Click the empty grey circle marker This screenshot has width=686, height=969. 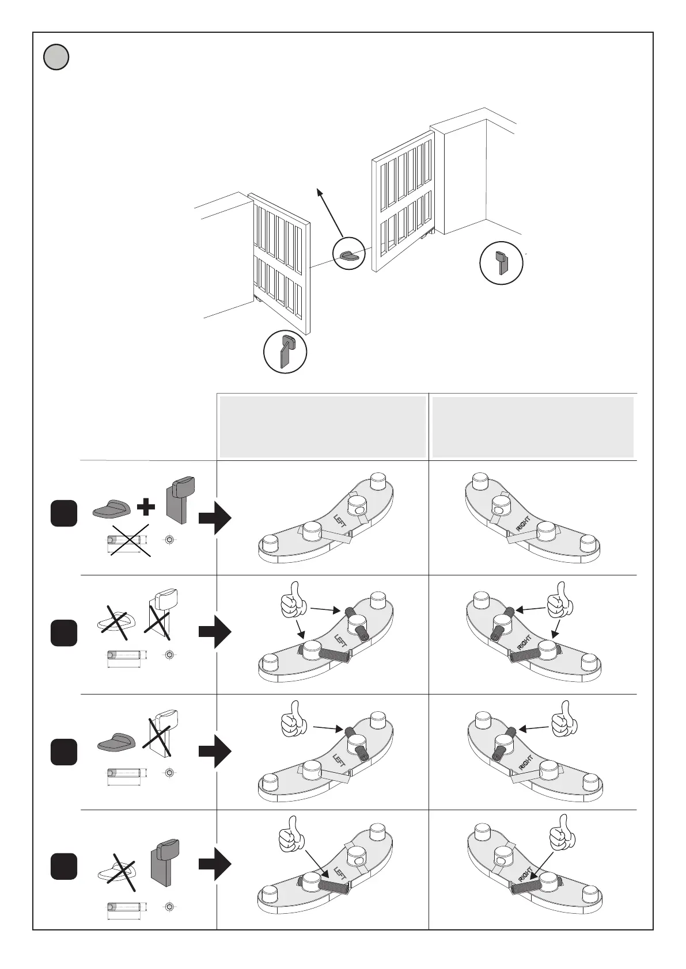pyautogui.click(x=56, y=58)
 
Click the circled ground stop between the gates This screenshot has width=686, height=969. pyautogui.click(x=350, y=255)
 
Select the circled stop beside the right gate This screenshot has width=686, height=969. pyautogui.click(x=502, y=264)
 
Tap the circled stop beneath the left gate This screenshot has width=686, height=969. pyautogui.click(x=285, y=352)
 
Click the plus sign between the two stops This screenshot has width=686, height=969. pyautogui.click(x=147, y=507)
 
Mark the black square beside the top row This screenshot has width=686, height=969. pyautogui.click(x=63, y=513)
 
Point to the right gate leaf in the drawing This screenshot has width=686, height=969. pyautogui.click(x=403, y=201)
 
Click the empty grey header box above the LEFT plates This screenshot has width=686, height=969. pyautogui.click(x=323, y=426)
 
